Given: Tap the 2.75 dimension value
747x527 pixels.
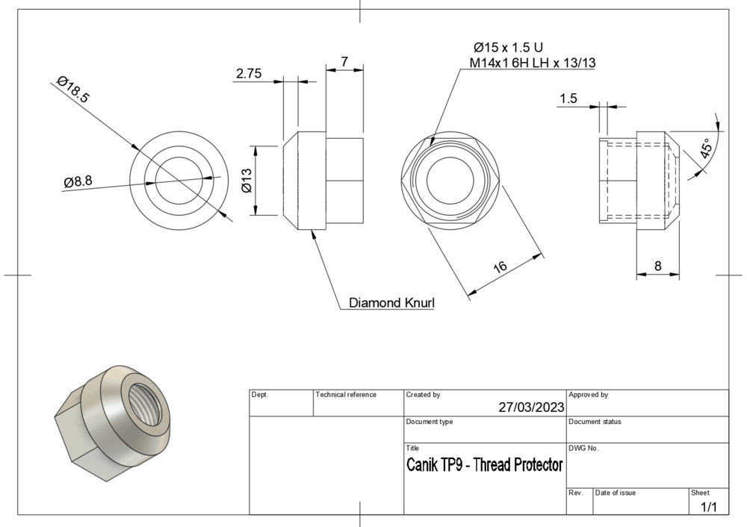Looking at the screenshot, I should click(249, 73).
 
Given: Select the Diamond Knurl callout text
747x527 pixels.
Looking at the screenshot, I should click(392, 303).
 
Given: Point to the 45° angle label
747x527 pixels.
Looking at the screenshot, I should click(707, 149).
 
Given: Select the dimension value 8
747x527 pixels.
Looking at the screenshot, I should click(657, 265).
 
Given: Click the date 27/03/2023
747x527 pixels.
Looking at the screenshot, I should click(531, 408).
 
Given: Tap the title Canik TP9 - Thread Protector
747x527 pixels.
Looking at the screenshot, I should click(484, 465).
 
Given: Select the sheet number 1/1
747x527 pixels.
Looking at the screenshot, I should click(708, 507).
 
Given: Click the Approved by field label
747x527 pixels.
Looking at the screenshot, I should click(588, 394).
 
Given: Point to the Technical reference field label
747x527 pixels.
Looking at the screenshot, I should click(347, 394).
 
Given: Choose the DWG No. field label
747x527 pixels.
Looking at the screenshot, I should click(583, 448).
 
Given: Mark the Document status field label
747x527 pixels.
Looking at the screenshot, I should click(595, 422).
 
